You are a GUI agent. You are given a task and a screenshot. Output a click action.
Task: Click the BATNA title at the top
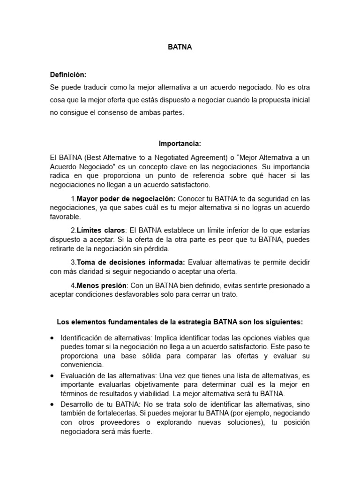180,48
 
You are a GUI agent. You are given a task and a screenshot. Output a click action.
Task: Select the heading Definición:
68,75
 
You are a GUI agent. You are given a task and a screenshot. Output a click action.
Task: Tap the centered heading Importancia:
180,144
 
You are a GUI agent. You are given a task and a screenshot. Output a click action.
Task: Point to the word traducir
90,87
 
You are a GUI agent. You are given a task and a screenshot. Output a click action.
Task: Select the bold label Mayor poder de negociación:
126,198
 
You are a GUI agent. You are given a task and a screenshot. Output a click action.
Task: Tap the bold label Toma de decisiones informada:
131,262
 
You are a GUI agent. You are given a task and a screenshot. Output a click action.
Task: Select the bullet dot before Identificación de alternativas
52,338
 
